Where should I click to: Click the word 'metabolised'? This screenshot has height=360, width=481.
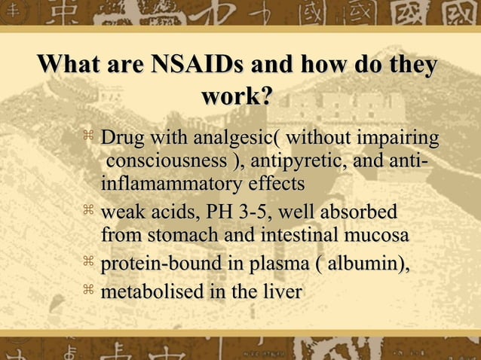[151, 291]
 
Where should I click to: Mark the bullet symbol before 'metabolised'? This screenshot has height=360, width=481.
[87, 288]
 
